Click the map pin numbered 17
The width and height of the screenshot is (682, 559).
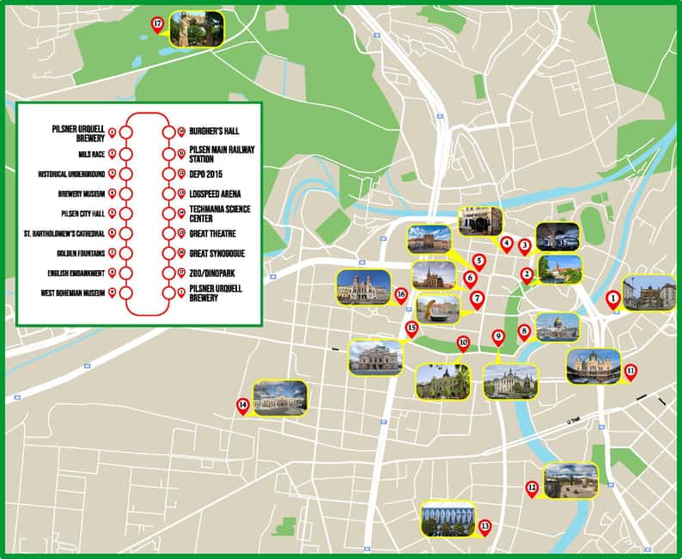coord(157,25)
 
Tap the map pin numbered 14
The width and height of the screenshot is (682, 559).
coord(243,405)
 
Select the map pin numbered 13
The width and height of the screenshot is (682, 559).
coord(484,526)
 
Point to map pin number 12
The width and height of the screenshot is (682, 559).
coord(532,488)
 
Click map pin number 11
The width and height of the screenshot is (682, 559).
coord(630,372)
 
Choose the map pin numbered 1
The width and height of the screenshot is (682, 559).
coord(612,298)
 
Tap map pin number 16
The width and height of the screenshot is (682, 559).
coord(400,294)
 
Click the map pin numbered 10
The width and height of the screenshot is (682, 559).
coord(463,343)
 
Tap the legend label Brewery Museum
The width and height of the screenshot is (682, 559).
coord(82,193)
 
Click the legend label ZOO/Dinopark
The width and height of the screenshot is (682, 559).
coord(215,273)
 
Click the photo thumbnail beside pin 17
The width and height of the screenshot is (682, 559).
coord(198,29)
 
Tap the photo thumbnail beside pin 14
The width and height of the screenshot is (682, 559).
coord(279,398)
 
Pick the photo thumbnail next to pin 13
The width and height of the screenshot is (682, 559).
coord(448,519)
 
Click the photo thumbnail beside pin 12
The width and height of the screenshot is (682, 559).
coord(570,481)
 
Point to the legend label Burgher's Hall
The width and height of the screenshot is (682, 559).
coord(214,132)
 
